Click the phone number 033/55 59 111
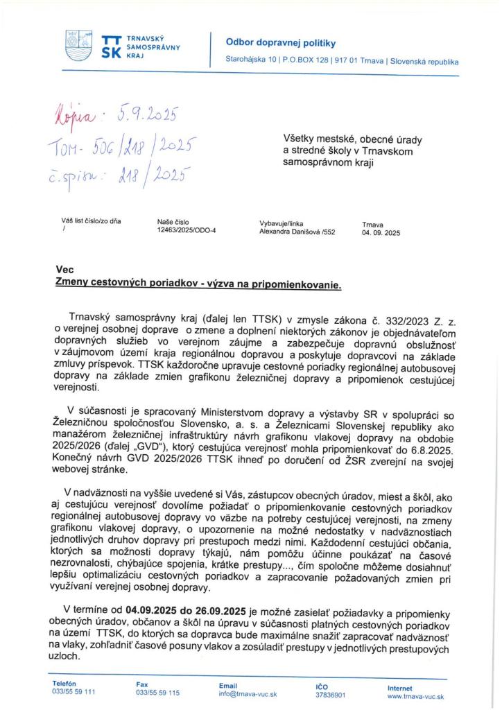(x=74, y=692)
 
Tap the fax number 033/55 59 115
(x=158, y=692)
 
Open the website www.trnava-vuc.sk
(x=415, y=695)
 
